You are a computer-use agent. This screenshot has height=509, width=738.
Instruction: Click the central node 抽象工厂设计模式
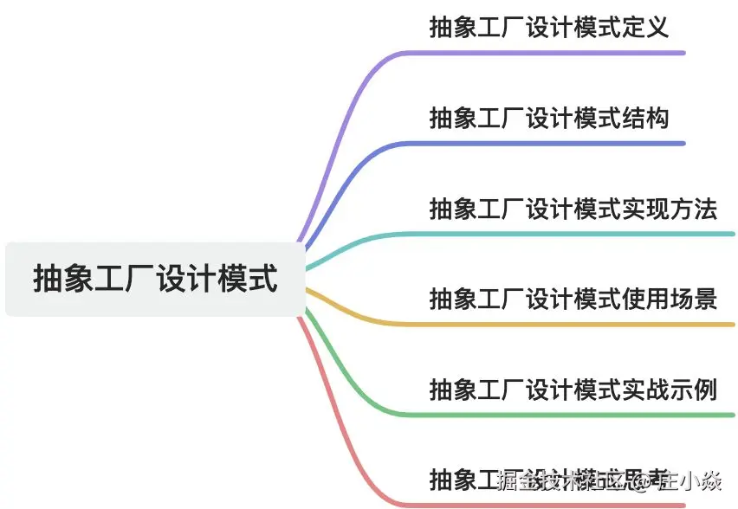point(156,280)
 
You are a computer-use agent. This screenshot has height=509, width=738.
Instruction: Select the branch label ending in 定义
point(549,27)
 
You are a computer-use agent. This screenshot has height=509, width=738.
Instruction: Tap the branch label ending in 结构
point(549,117)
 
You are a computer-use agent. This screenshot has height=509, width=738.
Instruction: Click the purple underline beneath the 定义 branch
point(554,53)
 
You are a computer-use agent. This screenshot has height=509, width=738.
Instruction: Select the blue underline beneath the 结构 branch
point(554,143)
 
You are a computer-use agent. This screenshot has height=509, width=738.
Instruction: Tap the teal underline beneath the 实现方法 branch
point(572,234)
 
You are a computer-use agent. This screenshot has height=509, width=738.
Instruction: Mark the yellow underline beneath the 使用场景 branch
point(572,325)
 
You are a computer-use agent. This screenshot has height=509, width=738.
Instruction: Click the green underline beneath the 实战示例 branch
point(572,415)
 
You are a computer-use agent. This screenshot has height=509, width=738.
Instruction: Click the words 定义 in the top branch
point(645,27)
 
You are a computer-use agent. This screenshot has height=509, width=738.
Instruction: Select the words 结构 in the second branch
point(645,117)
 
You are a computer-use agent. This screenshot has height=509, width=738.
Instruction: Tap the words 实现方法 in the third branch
point(670,209)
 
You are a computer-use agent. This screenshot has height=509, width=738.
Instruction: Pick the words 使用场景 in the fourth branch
point(670,299)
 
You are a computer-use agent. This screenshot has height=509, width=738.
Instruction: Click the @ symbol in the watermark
point(644,480)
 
